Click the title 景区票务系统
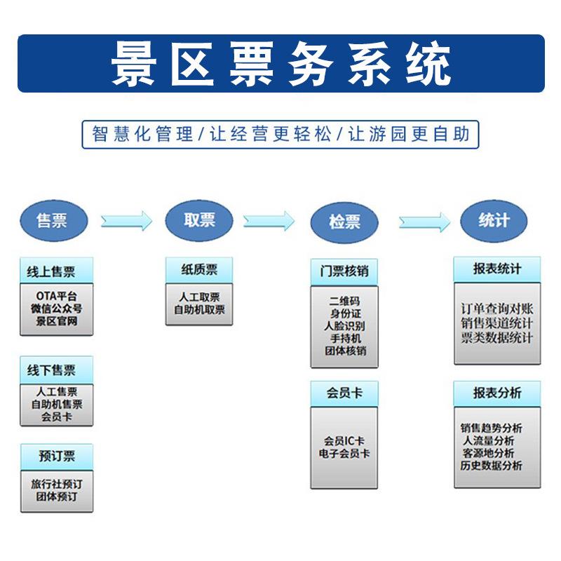280,65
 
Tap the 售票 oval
53,220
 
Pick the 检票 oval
344,222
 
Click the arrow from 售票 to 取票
126,221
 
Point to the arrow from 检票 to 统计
424,222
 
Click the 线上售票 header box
55,271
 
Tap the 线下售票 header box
55,370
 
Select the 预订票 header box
56,457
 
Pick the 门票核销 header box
344,271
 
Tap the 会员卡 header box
344,393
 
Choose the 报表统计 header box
496,269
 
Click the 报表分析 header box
496,393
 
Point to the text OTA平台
56,296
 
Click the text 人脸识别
344,326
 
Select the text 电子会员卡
344,453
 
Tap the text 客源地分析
492,453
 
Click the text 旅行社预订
56,484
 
